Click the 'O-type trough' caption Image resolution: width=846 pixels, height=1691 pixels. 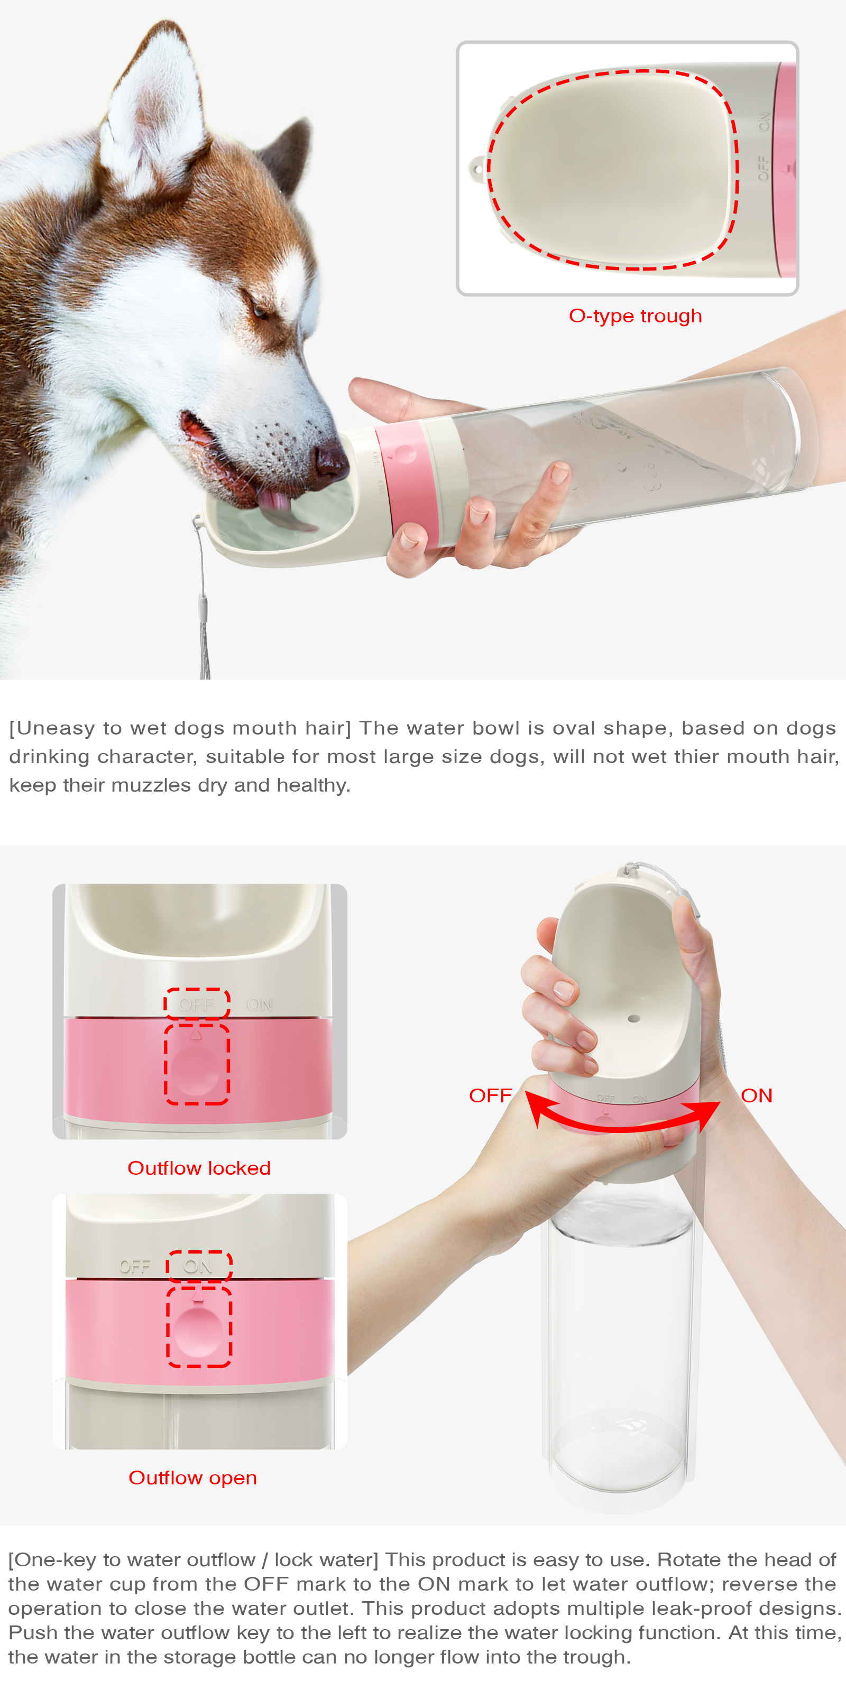tap(635, 316)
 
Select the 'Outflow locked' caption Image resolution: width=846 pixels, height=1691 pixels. tap(198, 1168)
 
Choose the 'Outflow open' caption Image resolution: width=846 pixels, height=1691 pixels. tap(192, 1477)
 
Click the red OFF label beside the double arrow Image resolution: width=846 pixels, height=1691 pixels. tap(490, 1095)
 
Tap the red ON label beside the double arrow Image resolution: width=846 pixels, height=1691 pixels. tap(756, 1095)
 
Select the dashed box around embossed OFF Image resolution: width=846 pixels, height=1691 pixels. tap(196, 1004)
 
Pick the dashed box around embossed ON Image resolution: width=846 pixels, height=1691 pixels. tap(198, 1266)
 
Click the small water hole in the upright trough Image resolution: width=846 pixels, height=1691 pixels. tap(633, 1018)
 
